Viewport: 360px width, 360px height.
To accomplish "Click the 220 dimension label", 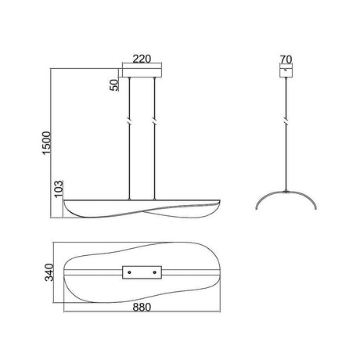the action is pos(142,59).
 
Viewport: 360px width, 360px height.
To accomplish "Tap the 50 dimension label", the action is pos(114,85).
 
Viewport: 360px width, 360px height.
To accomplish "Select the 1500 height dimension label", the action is pos(47,143).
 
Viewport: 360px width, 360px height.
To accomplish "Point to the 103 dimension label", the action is pos(59,189).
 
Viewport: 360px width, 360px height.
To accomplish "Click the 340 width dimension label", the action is pos(49,272).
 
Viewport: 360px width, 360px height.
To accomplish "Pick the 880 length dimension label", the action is pos(142,308).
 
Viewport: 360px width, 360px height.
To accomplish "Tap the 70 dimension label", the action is pos(286,59).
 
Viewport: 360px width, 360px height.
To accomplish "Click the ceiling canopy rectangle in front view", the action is pos(142,73).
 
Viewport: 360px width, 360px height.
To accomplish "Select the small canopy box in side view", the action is pos(286,73).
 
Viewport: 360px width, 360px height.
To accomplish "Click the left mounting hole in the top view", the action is pos(130,272).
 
